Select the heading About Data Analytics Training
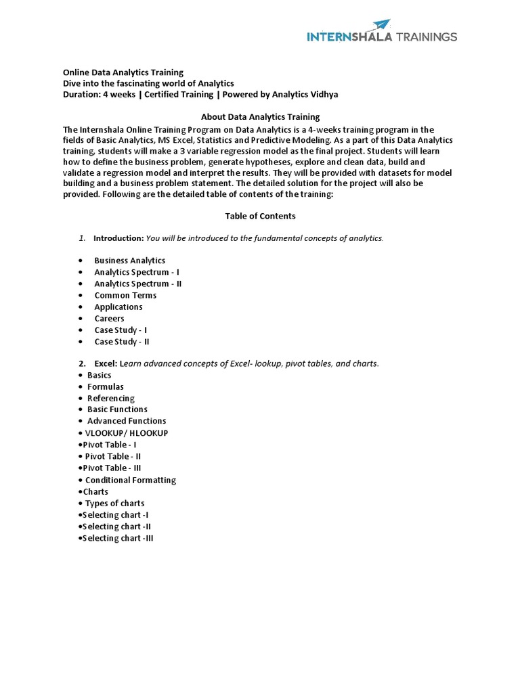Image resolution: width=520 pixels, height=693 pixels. [x=260, y=117]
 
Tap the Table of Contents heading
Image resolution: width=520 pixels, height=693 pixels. [x=260, y=216]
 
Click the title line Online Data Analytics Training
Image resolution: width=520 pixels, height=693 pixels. [x=123, y=72]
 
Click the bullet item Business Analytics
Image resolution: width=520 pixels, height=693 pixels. [x=129, y=261]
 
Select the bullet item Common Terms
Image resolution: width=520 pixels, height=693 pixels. [x=125, y=295]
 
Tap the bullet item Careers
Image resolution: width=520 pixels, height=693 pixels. [x=109, y=318]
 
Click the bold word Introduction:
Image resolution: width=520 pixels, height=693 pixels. [x=118, y=238]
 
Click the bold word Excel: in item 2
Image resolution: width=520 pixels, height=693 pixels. [x=106, y=363]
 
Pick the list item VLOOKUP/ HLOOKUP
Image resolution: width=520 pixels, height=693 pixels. [x=127, y=433]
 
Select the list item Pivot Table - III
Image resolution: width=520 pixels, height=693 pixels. [x=112, y=468]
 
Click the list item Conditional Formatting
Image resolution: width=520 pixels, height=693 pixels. [x=130, y=480]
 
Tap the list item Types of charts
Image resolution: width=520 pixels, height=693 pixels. [x=114, y=504]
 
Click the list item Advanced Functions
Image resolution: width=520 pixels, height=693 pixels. [x=127, y=421]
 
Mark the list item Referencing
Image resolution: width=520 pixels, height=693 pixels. [x=111, y=399]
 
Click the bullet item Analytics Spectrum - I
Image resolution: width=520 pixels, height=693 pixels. [x=137, y=272]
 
